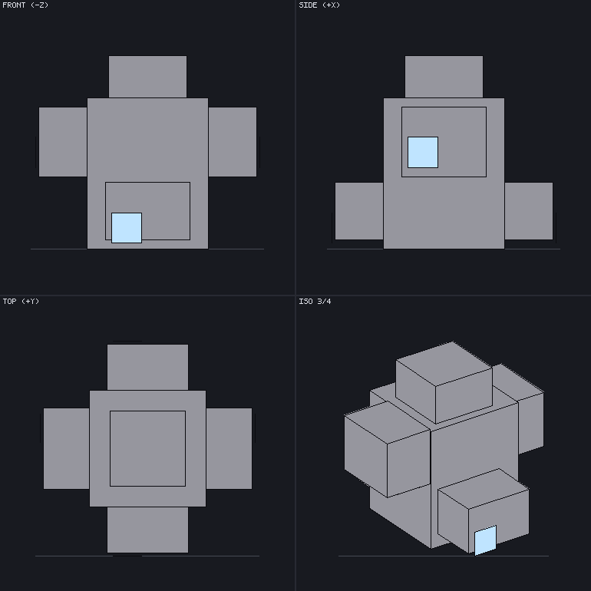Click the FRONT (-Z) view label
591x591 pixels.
[25, 5]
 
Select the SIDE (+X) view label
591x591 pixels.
[319, 5]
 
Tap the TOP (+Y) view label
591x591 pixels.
[21, 301]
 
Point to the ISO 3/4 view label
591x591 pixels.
[315, 301]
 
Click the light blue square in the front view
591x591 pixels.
[127, 228]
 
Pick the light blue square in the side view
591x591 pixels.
[423, 152]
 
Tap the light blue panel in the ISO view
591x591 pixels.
[485, 540]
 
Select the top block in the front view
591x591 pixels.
[147, 77]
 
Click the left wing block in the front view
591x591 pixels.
[63, 142]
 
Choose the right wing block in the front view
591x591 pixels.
[233, 142]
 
